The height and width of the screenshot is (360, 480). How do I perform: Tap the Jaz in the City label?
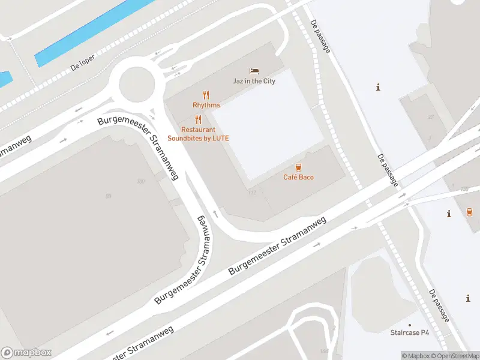pos(254,81)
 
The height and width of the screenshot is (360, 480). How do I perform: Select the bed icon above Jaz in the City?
pos(254,71)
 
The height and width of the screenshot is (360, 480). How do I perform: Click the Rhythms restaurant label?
pos(206,105)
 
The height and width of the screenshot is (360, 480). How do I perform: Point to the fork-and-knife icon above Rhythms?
pos(206,95)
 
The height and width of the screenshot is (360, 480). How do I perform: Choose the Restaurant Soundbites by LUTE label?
pos(198,134)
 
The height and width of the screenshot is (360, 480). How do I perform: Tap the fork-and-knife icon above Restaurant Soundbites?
pos(198,119)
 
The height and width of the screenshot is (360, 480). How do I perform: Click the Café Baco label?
pos(298,177)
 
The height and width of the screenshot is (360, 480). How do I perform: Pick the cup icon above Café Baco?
pos(298,167)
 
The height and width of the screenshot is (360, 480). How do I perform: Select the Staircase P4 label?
pos(410,332)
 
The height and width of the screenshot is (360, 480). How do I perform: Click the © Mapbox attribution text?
pos(415,356)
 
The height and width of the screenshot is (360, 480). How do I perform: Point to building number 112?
pos(251,193)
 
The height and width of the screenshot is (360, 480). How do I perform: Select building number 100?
pos(141,181)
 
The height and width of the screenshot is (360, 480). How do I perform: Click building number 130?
pos(464,190)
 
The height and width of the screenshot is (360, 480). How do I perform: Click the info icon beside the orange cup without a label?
pos(449,214)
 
